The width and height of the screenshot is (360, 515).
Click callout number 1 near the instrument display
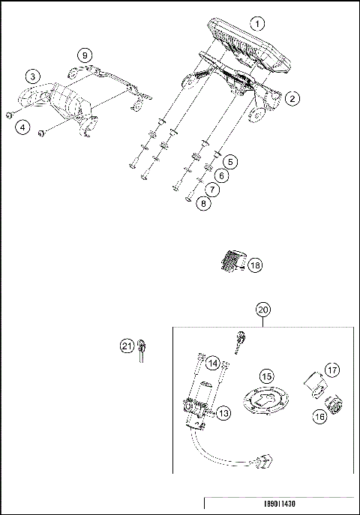[x=258, y=23]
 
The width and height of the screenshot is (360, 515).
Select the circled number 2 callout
[x=292, y=97]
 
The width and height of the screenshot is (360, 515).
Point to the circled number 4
[x=24, y=127]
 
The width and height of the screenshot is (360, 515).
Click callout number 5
[x=230, y=161]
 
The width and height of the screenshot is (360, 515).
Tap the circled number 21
[x=127, y=346]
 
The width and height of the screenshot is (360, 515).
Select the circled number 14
[x=214, y=364]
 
